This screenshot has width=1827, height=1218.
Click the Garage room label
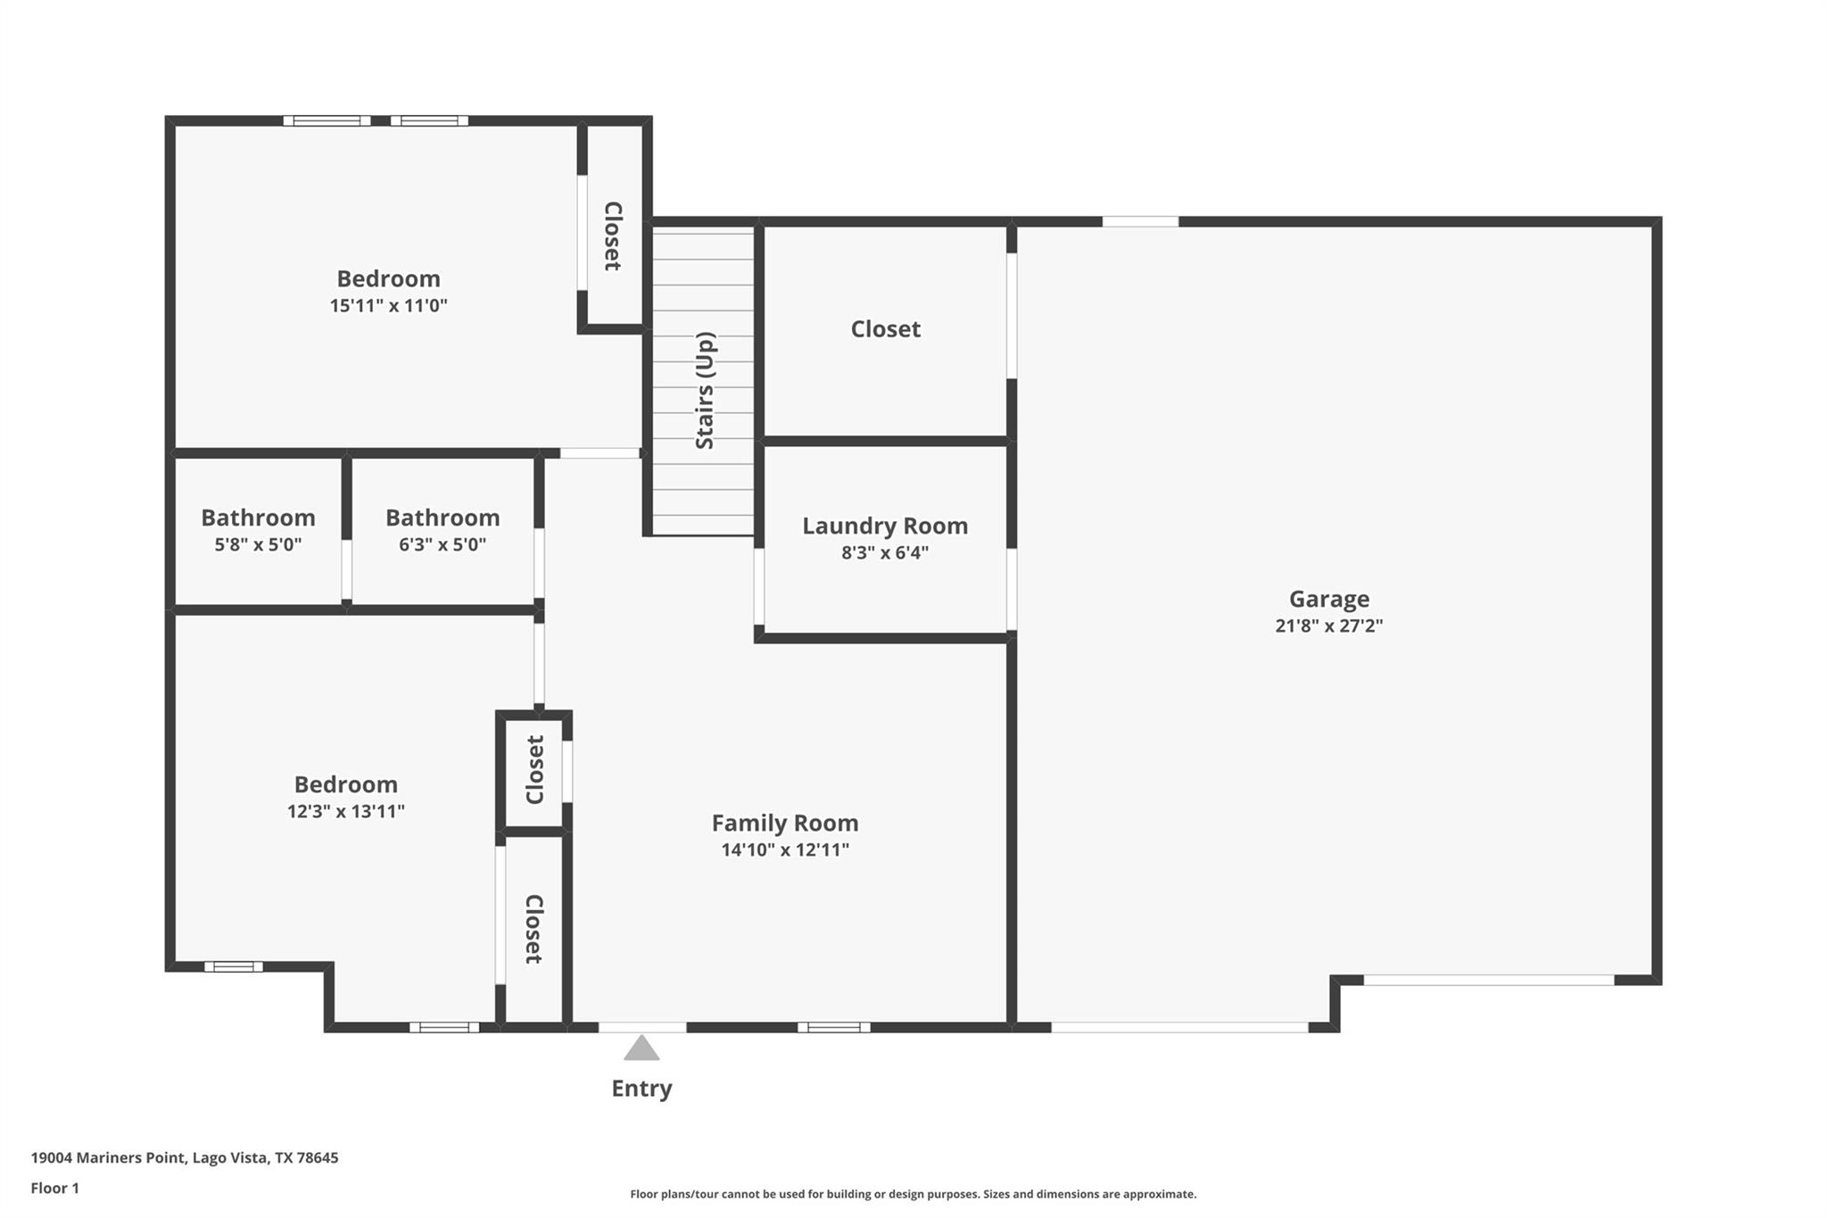[x=1328, y=599]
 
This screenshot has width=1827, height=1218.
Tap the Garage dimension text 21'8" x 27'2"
[x=1328, y=626]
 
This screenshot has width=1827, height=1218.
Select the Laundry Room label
[x=884, y=526]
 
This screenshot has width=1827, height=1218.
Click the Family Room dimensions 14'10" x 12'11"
[x=785, y=849]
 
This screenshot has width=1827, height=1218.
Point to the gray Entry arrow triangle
[x=641, y=1049]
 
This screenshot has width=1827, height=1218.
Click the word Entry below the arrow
[x=641, y=1089]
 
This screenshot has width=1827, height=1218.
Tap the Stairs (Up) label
[x=705, y=391]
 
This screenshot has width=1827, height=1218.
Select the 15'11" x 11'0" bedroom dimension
[x=388, y=305]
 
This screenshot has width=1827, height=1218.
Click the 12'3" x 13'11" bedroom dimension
[x=345, y=811]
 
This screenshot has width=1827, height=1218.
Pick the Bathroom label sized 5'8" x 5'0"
[x=258, y=518]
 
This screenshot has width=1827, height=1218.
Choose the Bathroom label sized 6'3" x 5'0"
[x=442, y=518]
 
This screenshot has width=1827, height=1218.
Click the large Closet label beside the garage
[x=885, y=329]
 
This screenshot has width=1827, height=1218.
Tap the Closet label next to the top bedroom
[x=613, y=236]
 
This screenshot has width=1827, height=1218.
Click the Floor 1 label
[x=54, y=1189]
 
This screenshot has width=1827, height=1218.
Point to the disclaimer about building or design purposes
[x=913, y=1194]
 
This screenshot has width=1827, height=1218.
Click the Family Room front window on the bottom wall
[x=833, y=1027]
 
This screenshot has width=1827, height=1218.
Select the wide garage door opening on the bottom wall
[x=1179, y=1027]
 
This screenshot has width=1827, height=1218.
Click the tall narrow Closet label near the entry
[x=533, y=929]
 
